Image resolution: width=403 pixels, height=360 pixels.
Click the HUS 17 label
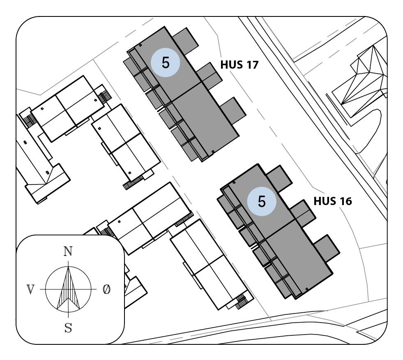(239, 65)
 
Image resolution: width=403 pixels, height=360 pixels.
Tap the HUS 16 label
(332, 201)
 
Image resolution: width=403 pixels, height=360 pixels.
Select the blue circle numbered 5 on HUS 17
(166, 63)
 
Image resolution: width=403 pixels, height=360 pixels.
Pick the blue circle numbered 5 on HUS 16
(262, 201)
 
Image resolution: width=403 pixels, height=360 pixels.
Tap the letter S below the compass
(68, 328)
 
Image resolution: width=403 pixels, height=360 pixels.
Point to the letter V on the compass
(30, 290)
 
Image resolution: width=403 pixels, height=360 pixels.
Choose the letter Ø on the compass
(106, 290)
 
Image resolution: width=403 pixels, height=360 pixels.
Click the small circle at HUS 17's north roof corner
(140, 45)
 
